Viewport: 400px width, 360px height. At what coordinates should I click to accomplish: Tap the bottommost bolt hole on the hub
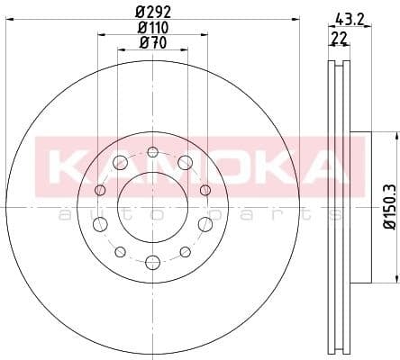click(x=152, y=262)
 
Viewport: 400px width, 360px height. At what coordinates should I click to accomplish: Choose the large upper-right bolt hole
click(x=185, y=162)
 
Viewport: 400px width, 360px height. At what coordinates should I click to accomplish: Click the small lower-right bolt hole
click(x=185, y=250)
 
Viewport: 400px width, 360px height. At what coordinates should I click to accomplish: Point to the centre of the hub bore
click(x=152, y=206)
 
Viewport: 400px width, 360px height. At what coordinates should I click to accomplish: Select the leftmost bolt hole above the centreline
click(x=100, y=191)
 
